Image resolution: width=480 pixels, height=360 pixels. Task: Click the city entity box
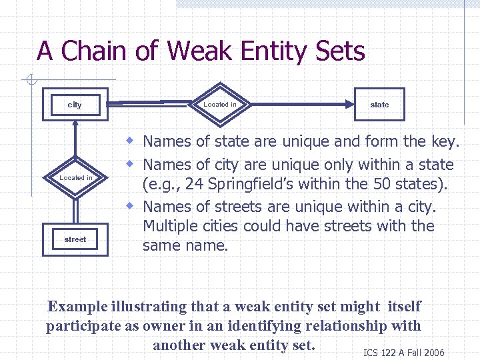[x=75, y=105]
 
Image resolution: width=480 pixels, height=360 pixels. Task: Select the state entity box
[x=379, y=105]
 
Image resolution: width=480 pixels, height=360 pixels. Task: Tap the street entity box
[x=75, y=239]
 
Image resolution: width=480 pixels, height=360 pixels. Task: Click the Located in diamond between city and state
[x=220, y=104]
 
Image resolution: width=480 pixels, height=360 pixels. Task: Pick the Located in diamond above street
[x=76, y=177]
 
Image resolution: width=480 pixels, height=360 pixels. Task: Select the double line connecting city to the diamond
[x=147, y=104]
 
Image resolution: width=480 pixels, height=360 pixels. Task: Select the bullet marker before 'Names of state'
[x=133, y=141]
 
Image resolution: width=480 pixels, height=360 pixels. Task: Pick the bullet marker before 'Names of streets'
[x=133, y=205]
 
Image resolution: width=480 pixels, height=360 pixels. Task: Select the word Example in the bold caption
[x=77, y=307]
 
